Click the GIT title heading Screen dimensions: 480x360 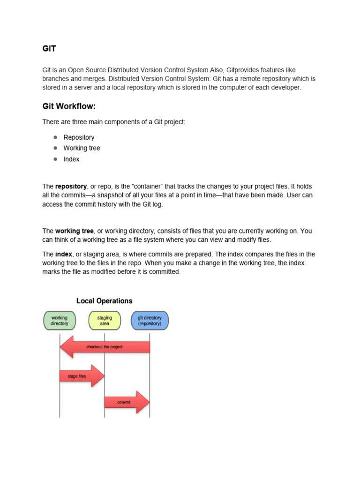click(49, 48)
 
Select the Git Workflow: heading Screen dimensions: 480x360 click(69, 106)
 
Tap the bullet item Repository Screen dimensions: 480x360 click(79, 137)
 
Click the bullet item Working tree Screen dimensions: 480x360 click(82, 148)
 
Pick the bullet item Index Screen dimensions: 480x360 click(71, 159)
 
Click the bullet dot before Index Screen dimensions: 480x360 click(55, 159)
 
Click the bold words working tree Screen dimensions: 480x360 click(75, 231)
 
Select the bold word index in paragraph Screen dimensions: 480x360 click(63, 254)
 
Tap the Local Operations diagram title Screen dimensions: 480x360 click(105, 301)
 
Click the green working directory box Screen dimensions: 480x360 click(60, 321)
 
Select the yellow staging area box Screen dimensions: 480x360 click(105, 321)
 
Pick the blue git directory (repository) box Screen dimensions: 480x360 click(150, 321)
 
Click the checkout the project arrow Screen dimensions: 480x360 click(104, 347)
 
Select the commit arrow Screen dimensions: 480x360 click(126, 402)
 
